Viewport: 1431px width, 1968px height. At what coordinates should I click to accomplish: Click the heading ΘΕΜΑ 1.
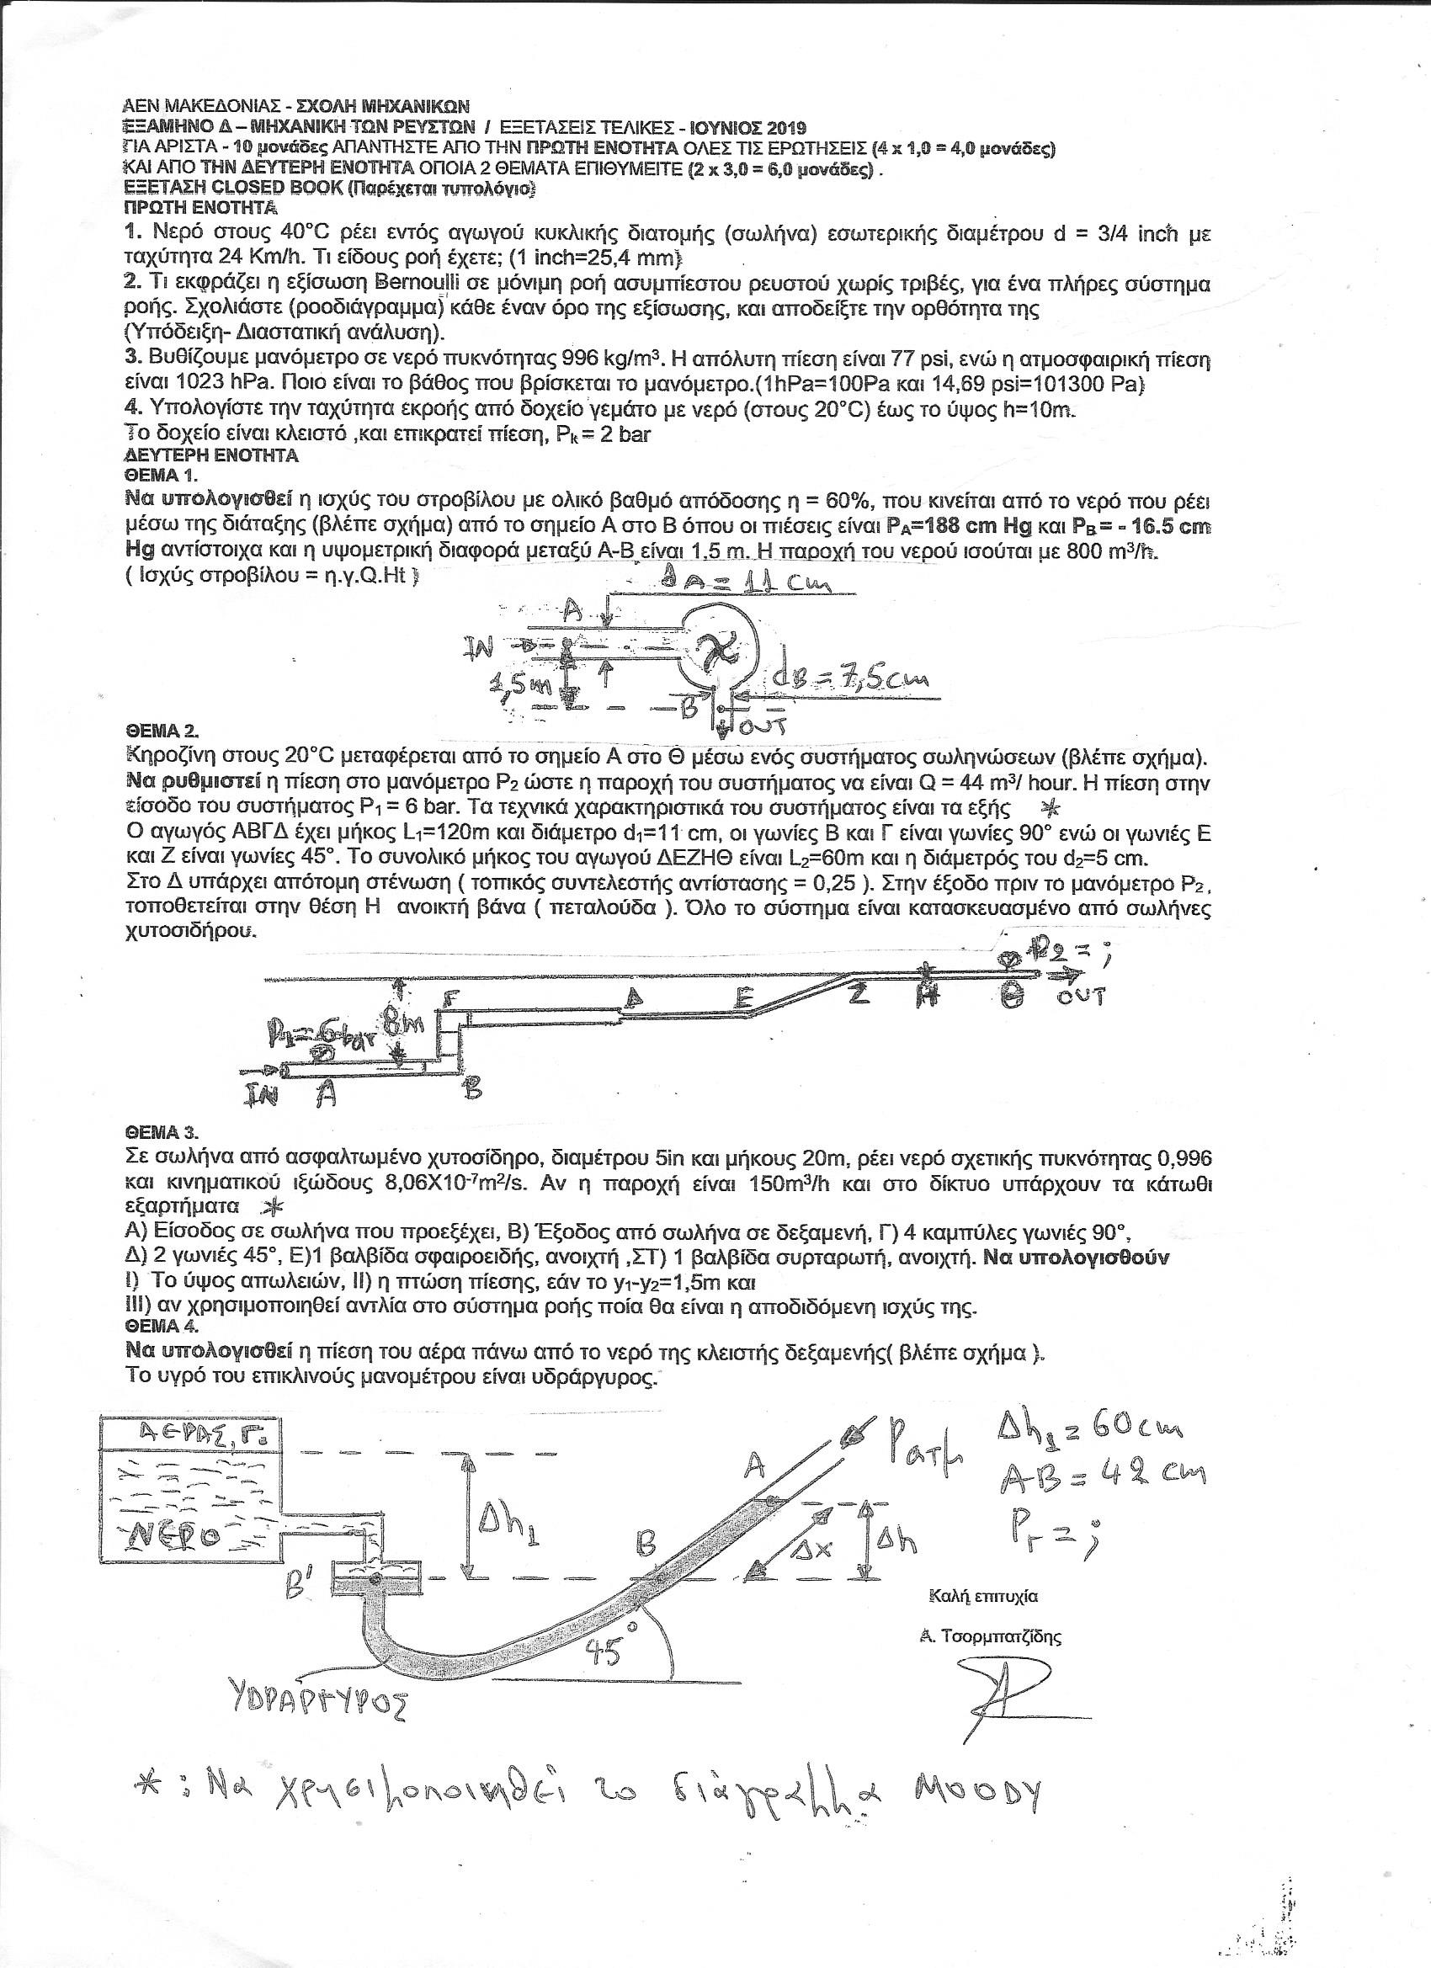coord(162,475)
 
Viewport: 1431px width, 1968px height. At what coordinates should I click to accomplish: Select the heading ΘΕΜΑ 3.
coord(162,1132)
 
